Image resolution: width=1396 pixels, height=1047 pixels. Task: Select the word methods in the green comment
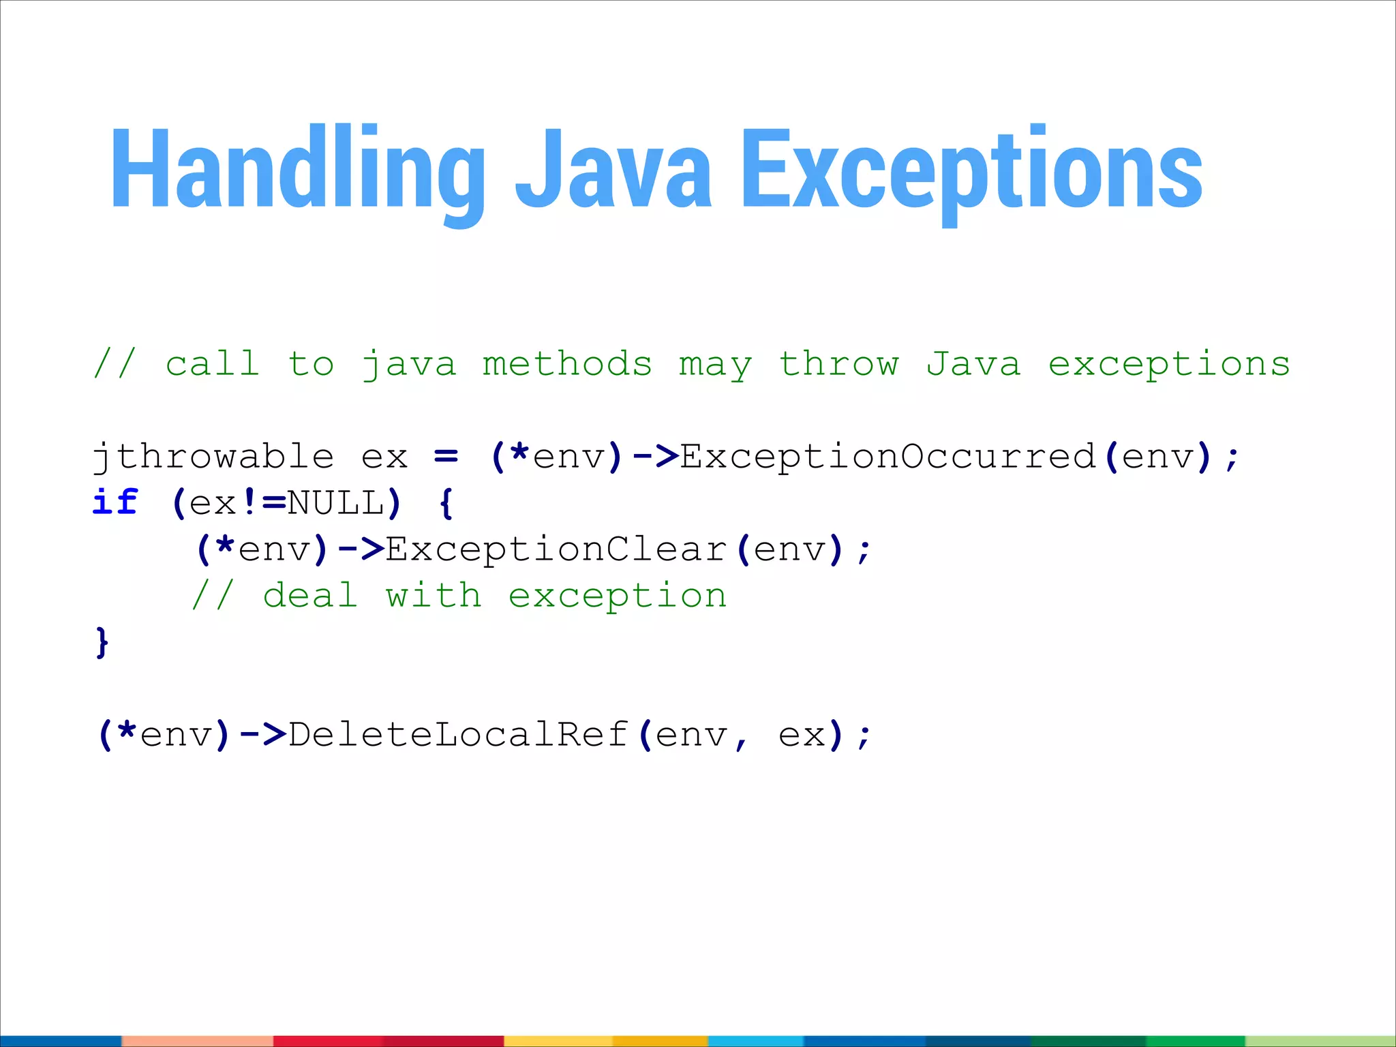coord(567,364)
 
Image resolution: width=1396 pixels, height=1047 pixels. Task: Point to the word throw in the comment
coord(839,364)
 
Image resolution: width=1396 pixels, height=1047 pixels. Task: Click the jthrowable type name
coord(213,457)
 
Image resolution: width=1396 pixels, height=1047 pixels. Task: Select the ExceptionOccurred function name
coord(887,457)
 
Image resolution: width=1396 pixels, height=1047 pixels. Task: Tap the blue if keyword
coord(115,503)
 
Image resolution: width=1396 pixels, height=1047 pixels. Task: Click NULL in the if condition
coord(336,503)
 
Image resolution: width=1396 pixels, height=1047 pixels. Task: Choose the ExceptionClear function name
coord(557,549)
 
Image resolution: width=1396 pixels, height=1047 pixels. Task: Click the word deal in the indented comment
coord(310,596)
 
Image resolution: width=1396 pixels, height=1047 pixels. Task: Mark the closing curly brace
coord(102,643)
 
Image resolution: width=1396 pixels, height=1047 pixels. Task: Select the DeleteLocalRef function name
coord(458,735)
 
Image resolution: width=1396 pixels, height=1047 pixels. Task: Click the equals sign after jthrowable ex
coord(446,457)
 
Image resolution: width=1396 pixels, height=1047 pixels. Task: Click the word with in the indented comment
coord(434,596)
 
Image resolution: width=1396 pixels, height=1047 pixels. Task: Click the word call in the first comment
coord(213,364)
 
